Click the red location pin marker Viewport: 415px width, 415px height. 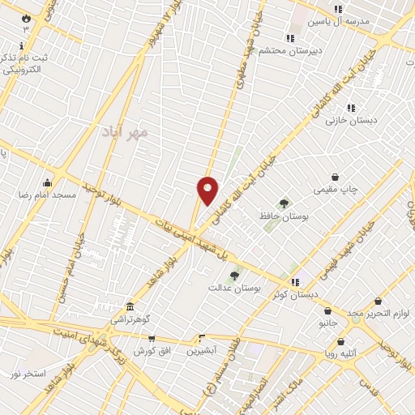pyautogui.click(x=207, y=190)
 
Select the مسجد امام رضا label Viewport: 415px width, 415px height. pyautogui.click(x=48, y=195)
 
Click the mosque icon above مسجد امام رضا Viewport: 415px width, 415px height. pyautogui.click(x=48, y=182)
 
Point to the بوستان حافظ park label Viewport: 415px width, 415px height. pyautogui.click(x=285, y=216)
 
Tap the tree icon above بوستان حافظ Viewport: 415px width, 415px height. pyautogui.click(x=284, y=203)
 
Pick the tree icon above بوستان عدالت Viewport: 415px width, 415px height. pyautogui.click(x=234, y=276)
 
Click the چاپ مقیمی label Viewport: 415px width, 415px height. pyautogui.click(x=336, y=190)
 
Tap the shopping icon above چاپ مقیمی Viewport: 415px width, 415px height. pyautogui.click(x=336, y=177)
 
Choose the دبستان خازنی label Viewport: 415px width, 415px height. pyautogui.click(x=349, y=120)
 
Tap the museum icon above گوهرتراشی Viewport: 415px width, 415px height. pyautogui.click(x=130, y=307)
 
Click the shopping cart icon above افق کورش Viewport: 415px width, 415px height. pyautogui.click(x=151, y=338)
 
